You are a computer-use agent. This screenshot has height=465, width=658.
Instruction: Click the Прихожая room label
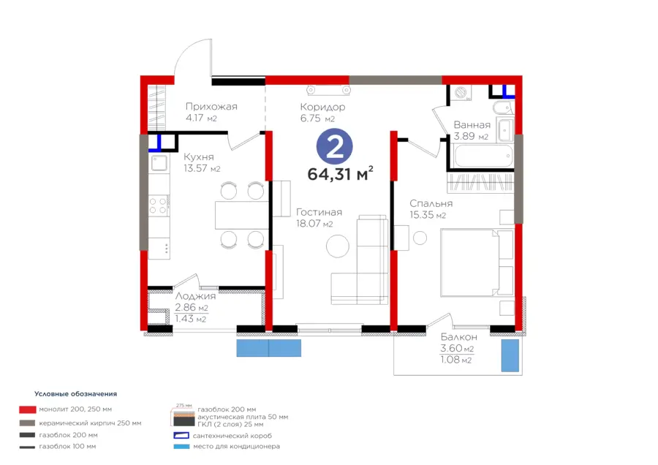(211, 107)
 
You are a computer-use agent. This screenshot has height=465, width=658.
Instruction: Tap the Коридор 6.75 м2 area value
(317, 118)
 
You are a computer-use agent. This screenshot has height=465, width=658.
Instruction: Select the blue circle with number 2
(334, 146)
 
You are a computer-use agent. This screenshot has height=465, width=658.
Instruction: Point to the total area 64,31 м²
(340, 173)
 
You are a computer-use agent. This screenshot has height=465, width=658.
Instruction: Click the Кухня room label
(198, 157)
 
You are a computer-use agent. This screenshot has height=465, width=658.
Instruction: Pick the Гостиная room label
(319, 212)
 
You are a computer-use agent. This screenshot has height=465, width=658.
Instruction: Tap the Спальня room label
(431, 203)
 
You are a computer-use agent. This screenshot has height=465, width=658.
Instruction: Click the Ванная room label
(472, 124)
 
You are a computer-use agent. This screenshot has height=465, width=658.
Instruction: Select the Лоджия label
(195, 296)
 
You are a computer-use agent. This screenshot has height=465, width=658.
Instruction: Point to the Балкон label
(458, 337)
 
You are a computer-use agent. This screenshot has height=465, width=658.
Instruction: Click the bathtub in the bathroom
(483, 156)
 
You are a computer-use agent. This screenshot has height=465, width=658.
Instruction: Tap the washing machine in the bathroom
(461, 93)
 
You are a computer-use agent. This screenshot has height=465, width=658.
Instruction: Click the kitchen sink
(159, 163)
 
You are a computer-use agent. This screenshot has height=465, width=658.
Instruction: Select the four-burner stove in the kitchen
(159, 205)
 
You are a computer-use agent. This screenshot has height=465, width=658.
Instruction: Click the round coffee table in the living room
(337, 246)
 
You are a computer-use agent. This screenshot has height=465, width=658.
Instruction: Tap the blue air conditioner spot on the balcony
(510, 355)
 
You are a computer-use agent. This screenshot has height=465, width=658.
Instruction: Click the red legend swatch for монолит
(27, 409)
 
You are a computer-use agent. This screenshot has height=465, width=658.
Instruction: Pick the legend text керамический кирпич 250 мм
(90, 423)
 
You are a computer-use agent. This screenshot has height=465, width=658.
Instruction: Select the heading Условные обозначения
(75, 393)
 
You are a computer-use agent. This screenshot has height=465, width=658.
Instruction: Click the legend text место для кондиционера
(236, 446)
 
